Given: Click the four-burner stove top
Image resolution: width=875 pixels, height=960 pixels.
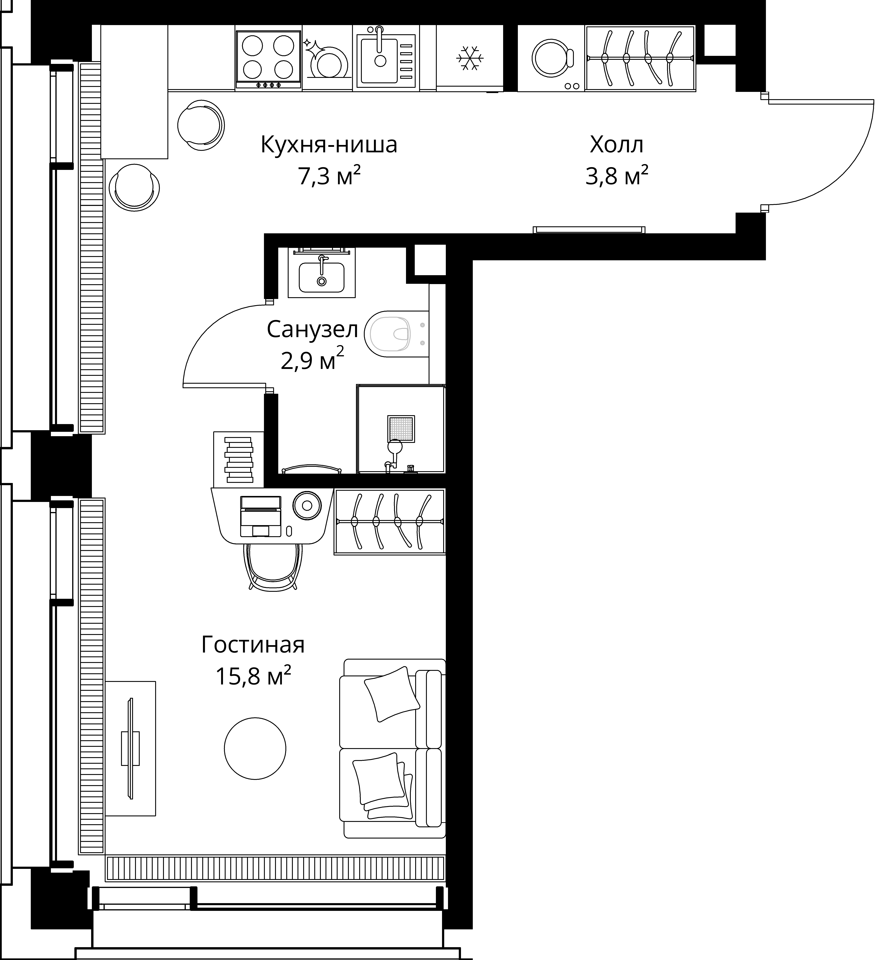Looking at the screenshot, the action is point(268,59).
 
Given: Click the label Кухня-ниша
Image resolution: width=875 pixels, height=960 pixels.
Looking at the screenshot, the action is point(329,145).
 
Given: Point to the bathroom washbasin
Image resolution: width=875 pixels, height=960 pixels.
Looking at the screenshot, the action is point(322,277).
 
